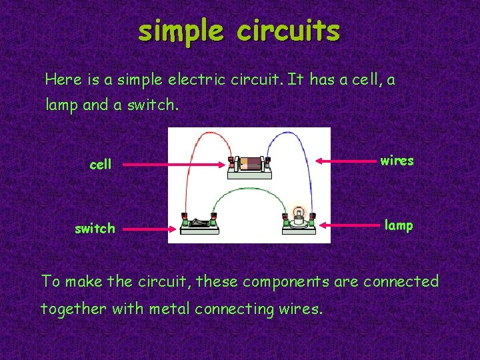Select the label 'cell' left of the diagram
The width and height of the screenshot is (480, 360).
pyautogui.click(x=100, y=164)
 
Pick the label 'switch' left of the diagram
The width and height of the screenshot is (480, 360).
pyautogui.click(x=95, y=229)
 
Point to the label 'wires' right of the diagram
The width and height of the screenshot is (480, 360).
pyautogui.click(x=397, y=161)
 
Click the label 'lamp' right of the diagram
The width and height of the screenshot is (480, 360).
pyautogui.click(x=399, y=225)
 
